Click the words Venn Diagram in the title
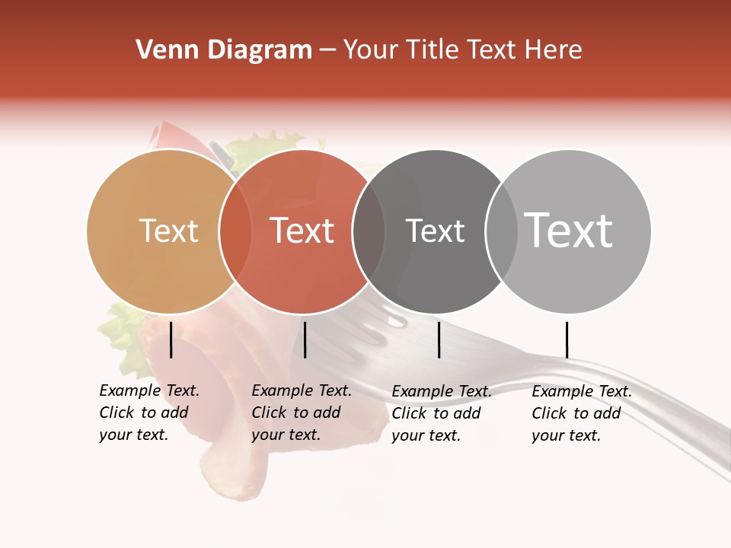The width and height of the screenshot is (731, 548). pos(224,50)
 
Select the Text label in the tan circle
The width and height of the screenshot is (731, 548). pos(169,231)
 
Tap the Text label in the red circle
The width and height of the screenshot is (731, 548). pos(302,231)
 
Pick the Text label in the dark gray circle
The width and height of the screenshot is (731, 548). pos(435,231)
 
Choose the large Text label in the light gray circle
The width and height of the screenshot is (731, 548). pos(569,231)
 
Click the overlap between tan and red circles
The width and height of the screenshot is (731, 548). pos(235,231)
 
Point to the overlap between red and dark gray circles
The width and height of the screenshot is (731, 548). pos(369,231)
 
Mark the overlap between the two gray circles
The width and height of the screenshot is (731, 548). pos(501,231)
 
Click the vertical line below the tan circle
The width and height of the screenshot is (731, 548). pos(171,339)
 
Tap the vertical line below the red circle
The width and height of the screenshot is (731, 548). pos(305,339)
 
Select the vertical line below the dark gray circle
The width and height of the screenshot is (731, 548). pos(439,339)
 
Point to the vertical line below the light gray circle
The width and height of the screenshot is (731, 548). pos(567,339)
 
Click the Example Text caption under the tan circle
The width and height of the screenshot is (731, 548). pos(149,413)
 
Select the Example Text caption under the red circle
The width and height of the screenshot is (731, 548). pos(302,413)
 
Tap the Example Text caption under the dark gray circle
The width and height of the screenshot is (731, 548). pos(442,413)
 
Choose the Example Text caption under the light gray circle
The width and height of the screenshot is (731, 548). pos(582,413)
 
